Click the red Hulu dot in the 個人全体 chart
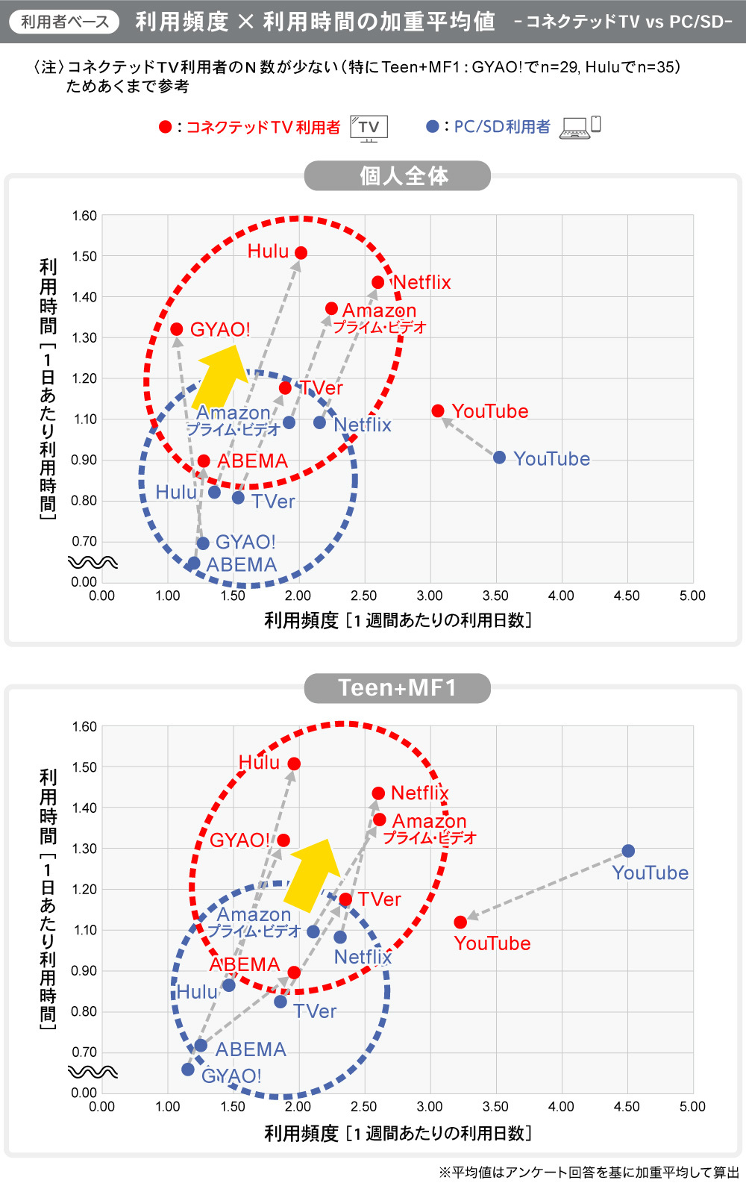pyautogui.click(x=301, y=253)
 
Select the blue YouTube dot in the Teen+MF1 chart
pyautogui.click(x=628, y=851)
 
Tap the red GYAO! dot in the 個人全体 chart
pyautogui.click(x=177, y=329)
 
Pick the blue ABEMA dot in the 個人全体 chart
pyautogui.click(x=194, y=564)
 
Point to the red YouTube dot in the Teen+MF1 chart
pyautogui.click(x=460, y=923)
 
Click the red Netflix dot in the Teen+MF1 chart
pyautogui.click(x=378, y=793)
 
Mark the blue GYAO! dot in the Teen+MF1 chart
pyautogui.click(x=188, y=1070)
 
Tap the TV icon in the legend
pyautogui.click(x=369, y=128)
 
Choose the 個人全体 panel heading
pyautogui.click(x=397, y=176)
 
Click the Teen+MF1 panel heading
pyautogui.click(x=397, y=687)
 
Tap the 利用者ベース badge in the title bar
pyautogui.click(x=64, y=22)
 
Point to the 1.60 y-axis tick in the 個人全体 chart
pyautogui.click(x=84, y=216)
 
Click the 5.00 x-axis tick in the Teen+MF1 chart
pyautogui.click(x=692, y=1106)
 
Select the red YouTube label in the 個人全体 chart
pyautogui.click(x=490, y=411)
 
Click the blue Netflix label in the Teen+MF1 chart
pyautogui.click(x=363, y=957)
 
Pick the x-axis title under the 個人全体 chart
pyautogui.click(x=398, y=620)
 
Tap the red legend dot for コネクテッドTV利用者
pyautogui.click(x=166, y=128)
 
